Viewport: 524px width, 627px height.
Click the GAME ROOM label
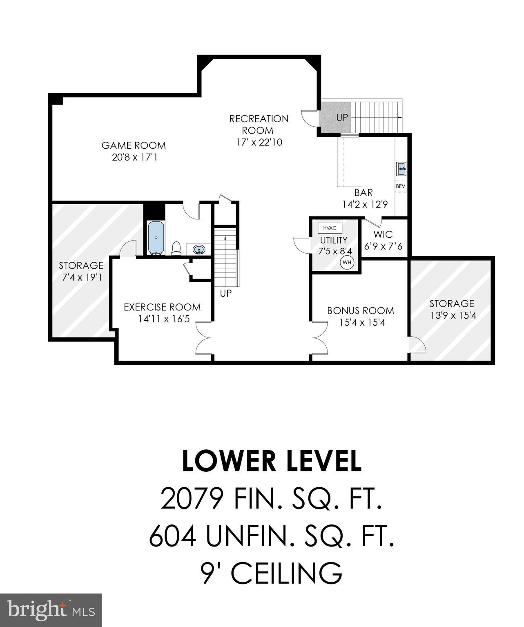point(134,145)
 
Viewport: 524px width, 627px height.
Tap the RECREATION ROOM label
point(259,125)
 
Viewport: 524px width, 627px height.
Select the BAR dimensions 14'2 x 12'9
point(364,204)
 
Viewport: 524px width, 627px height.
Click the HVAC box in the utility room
point(330,228)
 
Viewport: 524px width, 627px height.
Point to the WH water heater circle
point(347,262)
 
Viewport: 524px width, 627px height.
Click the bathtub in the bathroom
point(156,238)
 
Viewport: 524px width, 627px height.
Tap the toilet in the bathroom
point(176,248)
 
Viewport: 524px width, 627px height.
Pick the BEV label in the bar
point(401,186)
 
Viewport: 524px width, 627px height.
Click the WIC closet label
point(383,235)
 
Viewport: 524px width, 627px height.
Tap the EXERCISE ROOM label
point(162,307)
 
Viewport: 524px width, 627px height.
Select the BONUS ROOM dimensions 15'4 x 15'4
point(362,323)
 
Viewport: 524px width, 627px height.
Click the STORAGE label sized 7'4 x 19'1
point(81,266)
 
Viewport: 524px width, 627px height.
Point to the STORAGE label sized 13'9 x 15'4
point(451,304)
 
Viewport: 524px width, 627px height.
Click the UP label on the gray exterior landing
point(342,117)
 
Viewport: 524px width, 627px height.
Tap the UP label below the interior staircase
point(226,293)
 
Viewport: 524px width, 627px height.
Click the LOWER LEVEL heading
point(272,461)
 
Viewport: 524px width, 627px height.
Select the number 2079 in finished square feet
point(192,499)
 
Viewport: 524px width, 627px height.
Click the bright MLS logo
point(51,610)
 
